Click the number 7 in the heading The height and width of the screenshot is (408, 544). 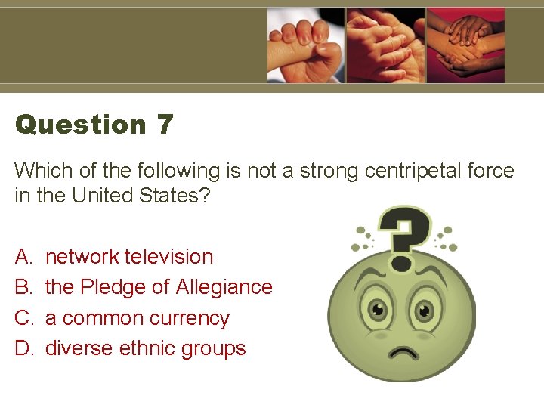click(x=165, y=125)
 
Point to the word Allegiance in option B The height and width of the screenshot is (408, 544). click(x=224, y=287)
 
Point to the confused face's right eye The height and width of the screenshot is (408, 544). click(x=425, y=310)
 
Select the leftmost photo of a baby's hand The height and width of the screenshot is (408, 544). click(x=305, y=45)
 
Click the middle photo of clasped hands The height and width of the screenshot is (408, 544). click(x=385, y=45)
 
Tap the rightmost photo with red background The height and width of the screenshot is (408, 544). click(x=465, y=45)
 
